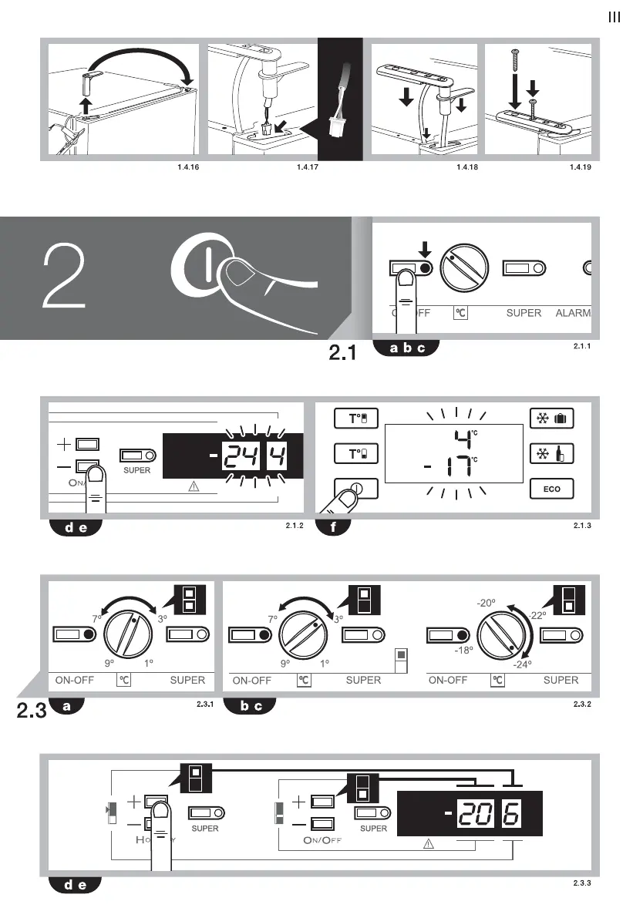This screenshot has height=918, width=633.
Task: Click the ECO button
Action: [553, 489]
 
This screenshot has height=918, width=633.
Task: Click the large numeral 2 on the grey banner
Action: [66, 277]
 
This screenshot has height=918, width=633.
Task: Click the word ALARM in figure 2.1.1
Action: [572, 313]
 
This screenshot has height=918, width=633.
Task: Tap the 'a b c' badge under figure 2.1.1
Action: [406, 348]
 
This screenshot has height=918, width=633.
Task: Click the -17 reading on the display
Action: [449, 466]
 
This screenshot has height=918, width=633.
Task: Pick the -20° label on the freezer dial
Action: [486, 603]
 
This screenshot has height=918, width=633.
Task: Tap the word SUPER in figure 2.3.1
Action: [187, 680]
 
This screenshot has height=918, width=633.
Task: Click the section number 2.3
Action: [32, 711]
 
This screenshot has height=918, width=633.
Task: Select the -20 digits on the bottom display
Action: [476, 814]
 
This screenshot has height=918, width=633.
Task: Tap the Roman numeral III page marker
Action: [614, 18]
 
